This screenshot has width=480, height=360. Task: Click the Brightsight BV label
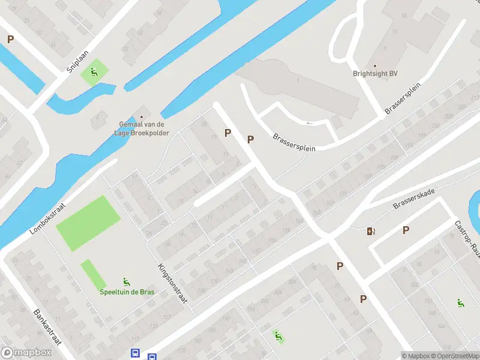coord(375,74)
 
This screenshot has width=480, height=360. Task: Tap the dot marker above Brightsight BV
coord(375,65)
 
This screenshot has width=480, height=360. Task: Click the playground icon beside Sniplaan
coord(94,73)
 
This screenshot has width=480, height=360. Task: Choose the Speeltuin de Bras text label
coord(127,292)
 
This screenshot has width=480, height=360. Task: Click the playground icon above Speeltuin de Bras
coord(126,281)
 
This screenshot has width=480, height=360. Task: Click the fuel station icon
coord(372,231)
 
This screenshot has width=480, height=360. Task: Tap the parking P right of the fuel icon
coord(406,230)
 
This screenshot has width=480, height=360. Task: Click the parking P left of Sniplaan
coord(10,39)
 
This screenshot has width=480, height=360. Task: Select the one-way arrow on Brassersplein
coord(310,123)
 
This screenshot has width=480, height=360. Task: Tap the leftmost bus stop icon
coord(136,354)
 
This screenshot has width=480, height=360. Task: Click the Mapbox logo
coord(26,353)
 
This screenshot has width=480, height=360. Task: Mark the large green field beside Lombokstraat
coord(88,223)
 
